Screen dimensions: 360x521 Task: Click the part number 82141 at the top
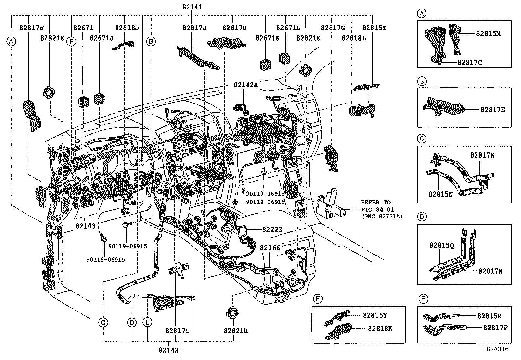(192, 7)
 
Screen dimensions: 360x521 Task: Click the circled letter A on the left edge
(11, 41)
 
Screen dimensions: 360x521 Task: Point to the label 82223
(272, 230)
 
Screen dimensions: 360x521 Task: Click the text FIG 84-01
(378, 209)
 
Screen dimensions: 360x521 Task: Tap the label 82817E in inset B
(493, 110)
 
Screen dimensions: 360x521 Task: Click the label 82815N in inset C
(440, 194)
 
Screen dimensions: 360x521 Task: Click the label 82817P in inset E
(495, 327)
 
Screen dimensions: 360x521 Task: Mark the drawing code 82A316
(497, 349)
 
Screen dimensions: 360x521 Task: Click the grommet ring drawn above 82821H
(231, 313)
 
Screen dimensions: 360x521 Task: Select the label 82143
(85, 226)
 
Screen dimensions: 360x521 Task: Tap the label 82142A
(246, 85)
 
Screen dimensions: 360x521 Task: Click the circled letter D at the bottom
(132, 323)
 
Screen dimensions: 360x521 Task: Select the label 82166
(270, 248)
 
